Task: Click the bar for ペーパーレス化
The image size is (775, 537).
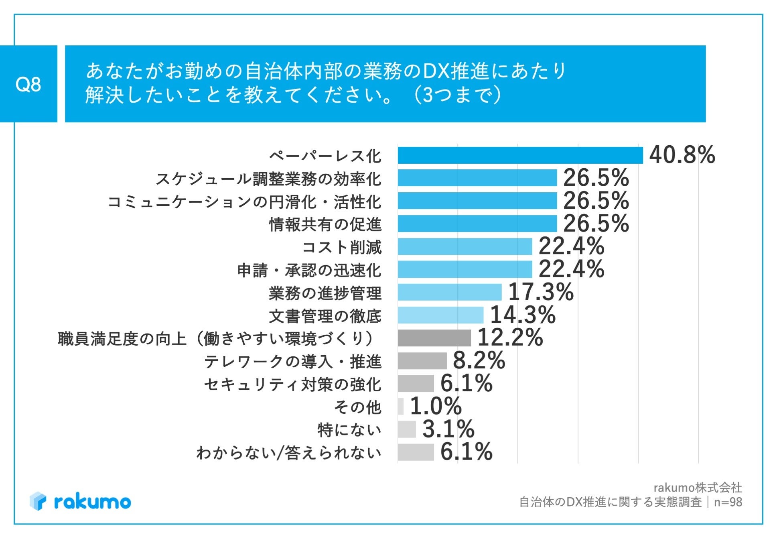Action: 520,155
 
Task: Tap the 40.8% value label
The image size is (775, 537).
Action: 682,155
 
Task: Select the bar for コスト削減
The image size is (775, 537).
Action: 465,246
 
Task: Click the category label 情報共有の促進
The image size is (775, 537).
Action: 325,224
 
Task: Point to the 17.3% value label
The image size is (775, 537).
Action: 541,292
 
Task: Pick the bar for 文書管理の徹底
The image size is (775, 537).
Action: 440,315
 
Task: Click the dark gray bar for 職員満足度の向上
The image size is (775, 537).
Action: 434,338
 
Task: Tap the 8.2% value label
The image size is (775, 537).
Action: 479,360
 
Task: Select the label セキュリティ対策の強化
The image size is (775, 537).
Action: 292,384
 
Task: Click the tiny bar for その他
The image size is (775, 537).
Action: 400,406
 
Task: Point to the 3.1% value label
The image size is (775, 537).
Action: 448,429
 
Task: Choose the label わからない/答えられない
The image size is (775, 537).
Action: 288,453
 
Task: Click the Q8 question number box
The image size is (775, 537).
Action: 28,84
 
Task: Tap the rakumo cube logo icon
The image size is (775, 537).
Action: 38,501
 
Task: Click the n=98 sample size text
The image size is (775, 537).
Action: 728,502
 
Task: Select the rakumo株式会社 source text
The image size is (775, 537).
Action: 698,488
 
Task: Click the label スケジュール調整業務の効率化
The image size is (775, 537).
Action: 268,179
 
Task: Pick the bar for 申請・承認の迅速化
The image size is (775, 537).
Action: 465,269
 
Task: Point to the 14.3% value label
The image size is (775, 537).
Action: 523,315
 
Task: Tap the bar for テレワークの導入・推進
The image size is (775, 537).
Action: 422,361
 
